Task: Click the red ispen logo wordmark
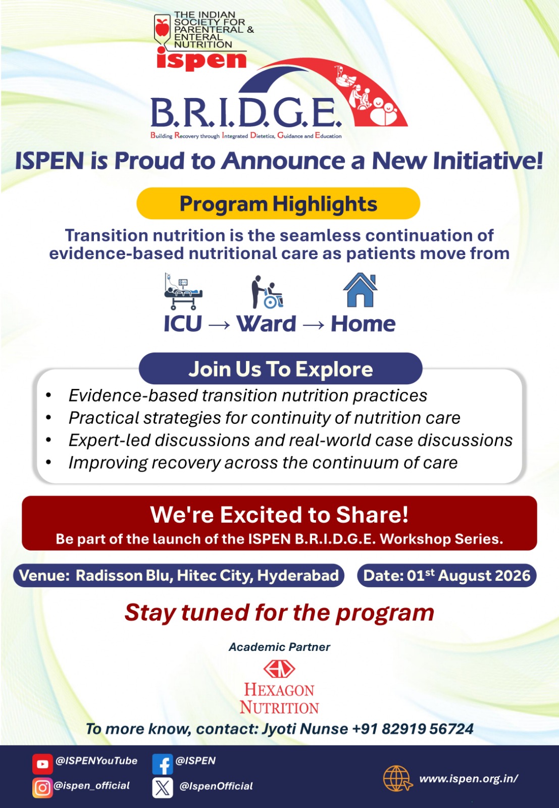coord(201,60)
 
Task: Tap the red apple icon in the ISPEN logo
coord(162,27)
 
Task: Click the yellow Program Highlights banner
coord(278,204)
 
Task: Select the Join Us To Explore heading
coord(281,369)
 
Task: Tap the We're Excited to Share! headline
coord(280,515)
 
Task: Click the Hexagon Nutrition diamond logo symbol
coord(279,669)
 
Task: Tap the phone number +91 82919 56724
coord(413,729)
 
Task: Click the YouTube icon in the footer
coord(42,764)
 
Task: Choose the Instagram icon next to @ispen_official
coord(42,788)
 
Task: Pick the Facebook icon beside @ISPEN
coord(163,764)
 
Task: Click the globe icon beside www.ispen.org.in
coord(397,779)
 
